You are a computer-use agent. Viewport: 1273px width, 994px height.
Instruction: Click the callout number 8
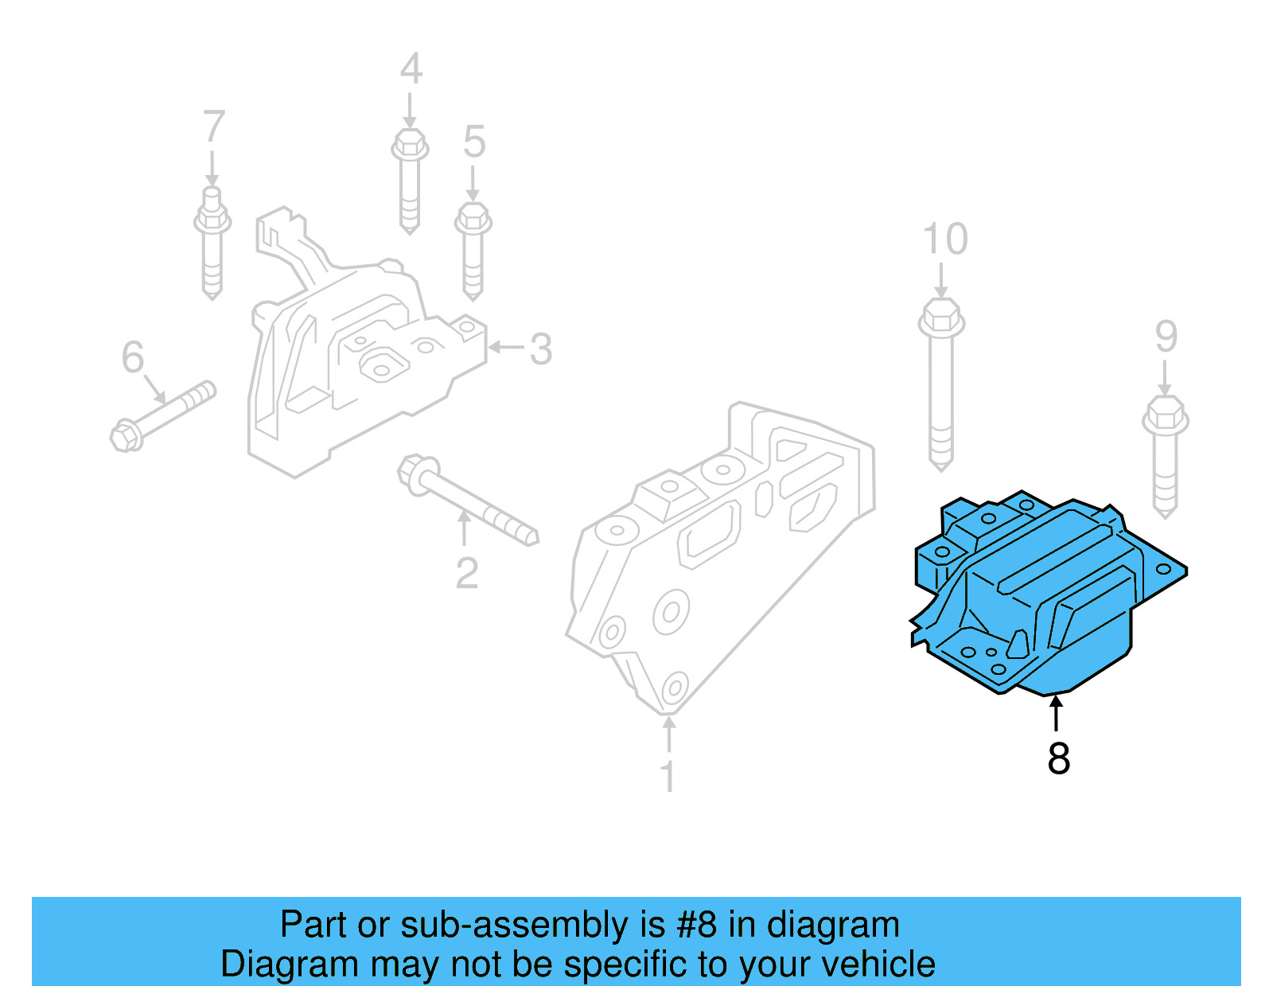(1058, 758)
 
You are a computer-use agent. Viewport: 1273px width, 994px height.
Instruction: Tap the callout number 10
(945, 239)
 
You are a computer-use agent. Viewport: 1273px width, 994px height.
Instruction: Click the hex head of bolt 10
(941, 318)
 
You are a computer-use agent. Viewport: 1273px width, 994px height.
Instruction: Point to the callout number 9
(1166, 337)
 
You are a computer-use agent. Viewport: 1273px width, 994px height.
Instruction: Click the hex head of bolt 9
(1166, 416)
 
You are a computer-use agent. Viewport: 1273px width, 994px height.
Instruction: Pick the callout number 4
(411, 69)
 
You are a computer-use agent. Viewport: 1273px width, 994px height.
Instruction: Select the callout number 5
(474, 142)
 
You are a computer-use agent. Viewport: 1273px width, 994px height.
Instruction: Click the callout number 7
(213, 127)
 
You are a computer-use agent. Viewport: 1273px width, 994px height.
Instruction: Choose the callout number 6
(133, 357)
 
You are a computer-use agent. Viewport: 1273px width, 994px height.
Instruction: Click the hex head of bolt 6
(127, 436)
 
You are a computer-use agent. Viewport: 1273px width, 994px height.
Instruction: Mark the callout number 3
(541, 349)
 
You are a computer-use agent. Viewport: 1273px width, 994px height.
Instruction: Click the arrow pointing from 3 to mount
(505, 347)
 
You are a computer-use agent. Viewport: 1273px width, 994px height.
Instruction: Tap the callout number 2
(467, 573)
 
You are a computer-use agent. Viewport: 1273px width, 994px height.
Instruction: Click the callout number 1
(668, 776)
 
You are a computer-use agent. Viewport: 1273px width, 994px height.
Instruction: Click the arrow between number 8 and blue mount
(1057, 712)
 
